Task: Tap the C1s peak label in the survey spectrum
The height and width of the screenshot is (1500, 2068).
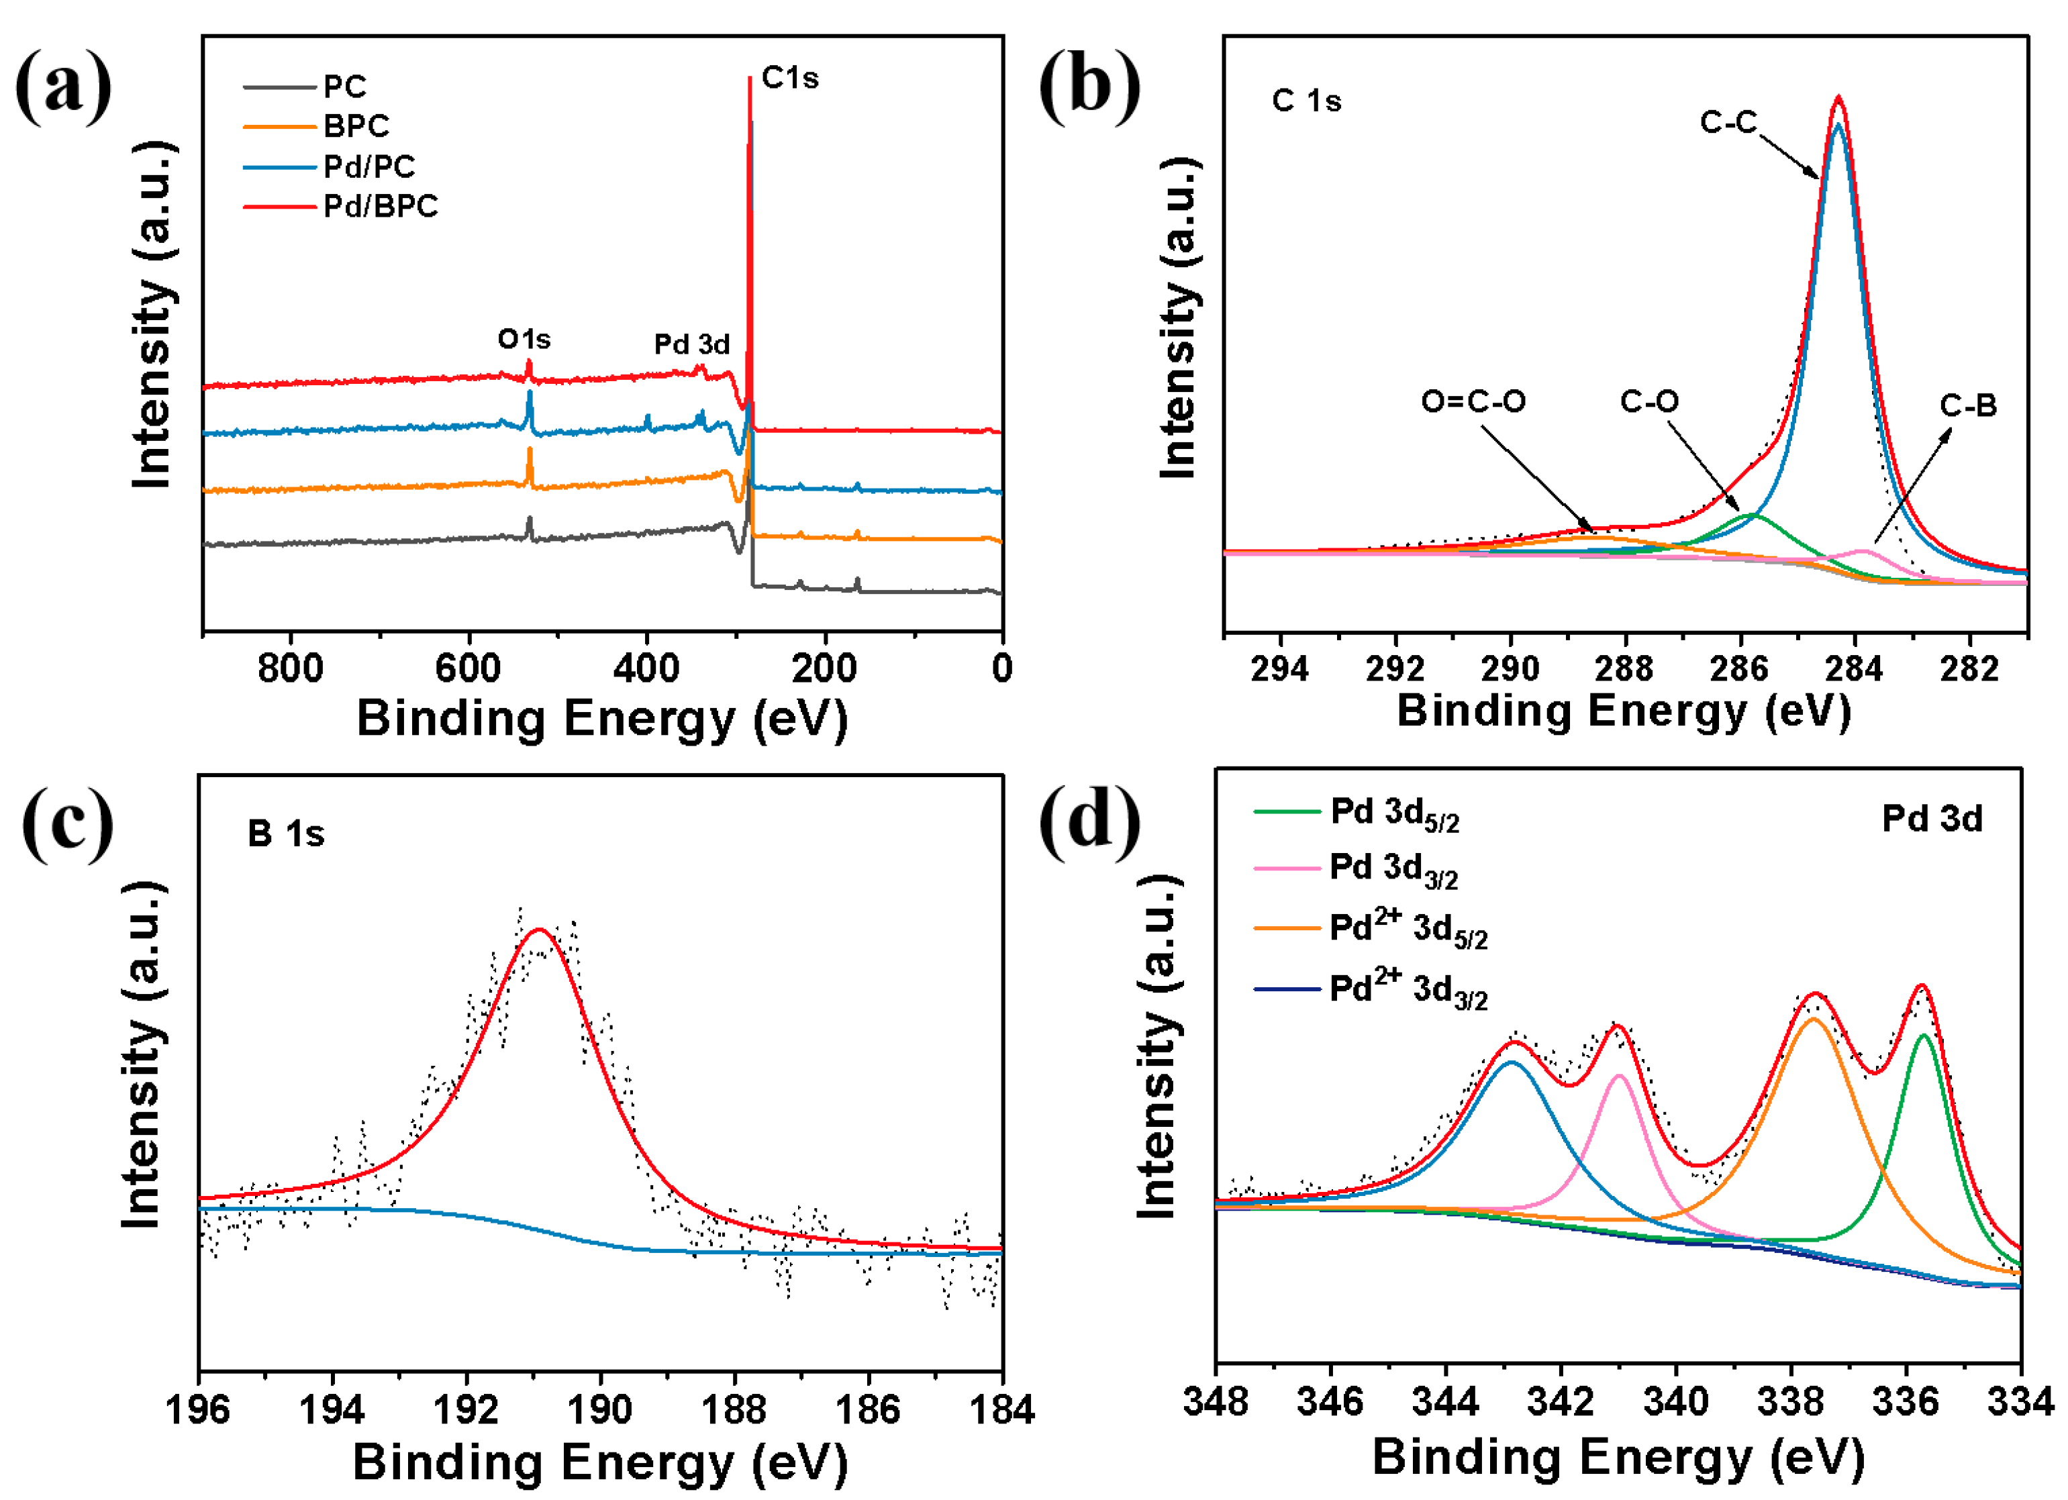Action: (x=789, y=79)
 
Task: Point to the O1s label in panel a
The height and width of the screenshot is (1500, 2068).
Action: (x=524, y=339)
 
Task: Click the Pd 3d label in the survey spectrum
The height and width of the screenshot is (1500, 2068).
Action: (x=692, y=345)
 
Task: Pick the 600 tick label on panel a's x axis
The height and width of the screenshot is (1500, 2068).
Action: (x=468, y=669)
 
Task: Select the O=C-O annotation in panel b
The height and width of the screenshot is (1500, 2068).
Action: (x=1473, y=401)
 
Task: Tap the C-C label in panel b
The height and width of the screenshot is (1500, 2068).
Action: (x=1728, y=122)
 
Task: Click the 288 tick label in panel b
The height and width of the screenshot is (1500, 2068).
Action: (x=1625, y=669)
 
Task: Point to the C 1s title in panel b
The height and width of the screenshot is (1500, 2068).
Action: (x=1306, y=101)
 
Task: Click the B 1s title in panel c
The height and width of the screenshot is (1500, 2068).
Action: (x=285, y=834)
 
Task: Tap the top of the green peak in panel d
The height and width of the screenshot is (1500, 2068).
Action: (x=1924, y=1035)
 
